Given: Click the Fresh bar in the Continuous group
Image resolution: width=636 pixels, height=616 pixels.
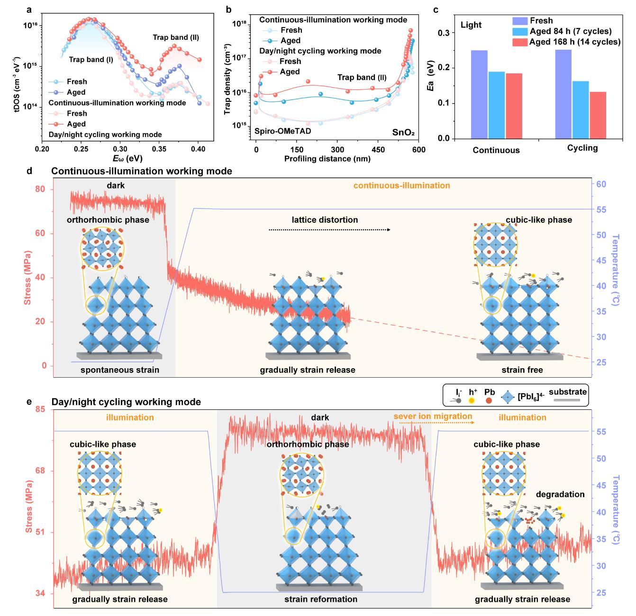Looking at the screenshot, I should pos(479,94).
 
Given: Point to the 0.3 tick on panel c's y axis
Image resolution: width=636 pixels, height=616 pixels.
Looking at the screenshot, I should pos(454,33).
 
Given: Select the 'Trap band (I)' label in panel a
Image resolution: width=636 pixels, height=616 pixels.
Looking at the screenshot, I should pos(91,60).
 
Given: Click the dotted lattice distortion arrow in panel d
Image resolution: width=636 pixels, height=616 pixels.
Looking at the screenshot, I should pos(329,230).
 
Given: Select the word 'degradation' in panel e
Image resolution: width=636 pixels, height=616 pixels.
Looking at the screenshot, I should pos(560,494).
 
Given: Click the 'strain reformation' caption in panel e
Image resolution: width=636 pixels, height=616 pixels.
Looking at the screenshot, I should pos(321,599).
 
